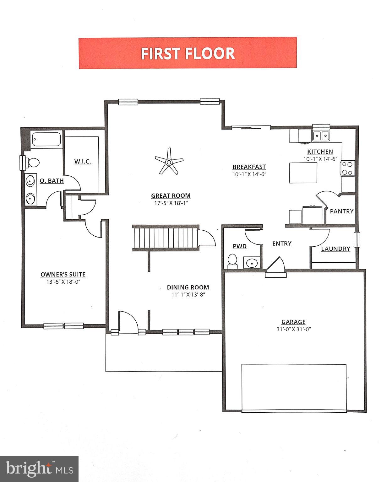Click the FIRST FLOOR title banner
(188, 53)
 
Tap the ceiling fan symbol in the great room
(169, 162)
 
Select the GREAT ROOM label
(171, 195)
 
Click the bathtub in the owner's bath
(46, 139)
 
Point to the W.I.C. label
(83, 162)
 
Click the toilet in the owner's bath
(33, 163)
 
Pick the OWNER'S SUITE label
(63, 275)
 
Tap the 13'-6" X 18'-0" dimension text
(63, 282)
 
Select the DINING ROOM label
(188, 287)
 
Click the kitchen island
(303, 173)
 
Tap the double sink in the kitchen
(321, 136)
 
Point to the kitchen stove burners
(348, 168)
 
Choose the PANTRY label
(341, 212)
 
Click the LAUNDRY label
(335, 249)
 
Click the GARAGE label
(293, 322)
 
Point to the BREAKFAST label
(249, 167)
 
